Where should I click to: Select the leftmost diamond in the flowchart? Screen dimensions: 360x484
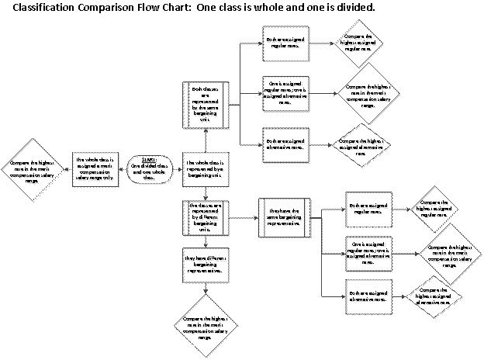33,170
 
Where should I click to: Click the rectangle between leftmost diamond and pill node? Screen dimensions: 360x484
95,169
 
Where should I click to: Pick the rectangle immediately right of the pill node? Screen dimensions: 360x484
206,168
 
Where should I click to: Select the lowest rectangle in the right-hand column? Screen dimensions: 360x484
368,297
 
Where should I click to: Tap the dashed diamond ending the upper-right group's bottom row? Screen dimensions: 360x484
361,146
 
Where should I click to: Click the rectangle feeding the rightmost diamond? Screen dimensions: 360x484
368,252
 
